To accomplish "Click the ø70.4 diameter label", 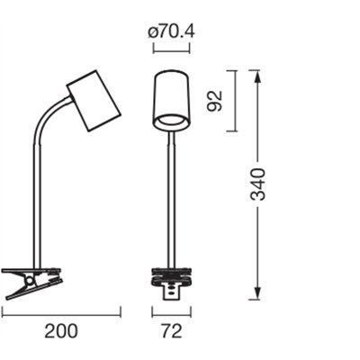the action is (172, 31).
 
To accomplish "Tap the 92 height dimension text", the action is (216, 101).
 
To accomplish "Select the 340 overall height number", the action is (258, 184).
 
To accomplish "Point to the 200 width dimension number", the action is (61, 331).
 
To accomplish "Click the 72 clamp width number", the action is (172, 331).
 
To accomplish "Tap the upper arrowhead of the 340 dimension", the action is (257, 76).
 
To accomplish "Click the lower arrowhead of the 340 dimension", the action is (257, 293).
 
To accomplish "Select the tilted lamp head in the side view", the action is (94, 101).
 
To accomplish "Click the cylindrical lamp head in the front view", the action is (171, 101).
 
